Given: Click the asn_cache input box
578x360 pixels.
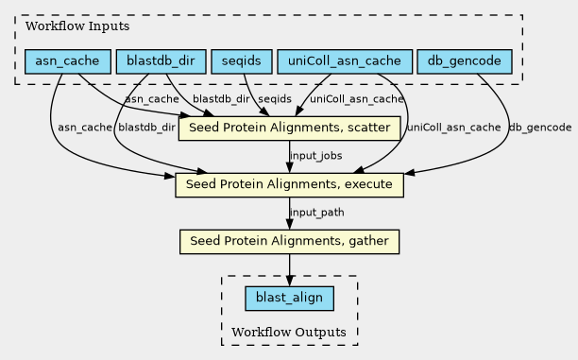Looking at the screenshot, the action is [x=68, y=61].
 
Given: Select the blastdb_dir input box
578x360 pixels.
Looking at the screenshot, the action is [x=161, y=61].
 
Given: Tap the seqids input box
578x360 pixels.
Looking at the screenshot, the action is [x=242, y=61].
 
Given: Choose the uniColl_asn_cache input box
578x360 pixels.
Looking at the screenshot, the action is [x=345, y=61].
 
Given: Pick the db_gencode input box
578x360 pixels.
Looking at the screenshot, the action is [x=465, y=61].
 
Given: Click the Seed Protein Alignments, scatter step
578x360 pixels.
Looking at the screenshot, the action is [x=289, y=129].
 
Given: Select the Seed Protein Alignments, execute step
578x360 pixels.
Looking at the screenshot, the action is [x=289, y=185].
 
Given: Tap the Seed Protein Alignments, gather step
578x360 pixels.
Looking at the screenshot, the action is [x=289, y=242].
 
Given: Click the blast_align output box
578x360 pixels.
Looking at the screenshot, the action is [x=289, y=299].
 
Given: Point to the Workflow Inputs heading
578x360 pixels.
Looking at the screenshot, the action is [x=77, y=26].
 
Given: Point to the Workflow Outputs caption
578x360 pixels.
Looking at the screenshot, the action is [x=289, y=333].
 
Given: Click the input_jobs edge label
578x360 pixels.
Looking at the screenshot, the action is [x=316, y=156].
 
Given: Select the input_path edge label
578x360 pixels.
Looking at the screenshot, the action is [x=317, y=213].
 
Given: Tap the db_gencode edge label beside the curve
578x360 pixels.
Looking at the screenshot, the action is [x=540, y=128].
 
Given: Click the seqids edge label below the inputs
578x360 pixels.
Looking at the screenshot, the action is [x=275, y=99].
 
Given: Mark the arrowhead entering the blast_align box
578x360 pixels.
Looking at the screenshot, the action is [x=289, y=281].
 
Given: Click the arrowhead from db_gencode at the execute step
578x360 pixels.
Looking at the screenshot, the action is [x=409, y=173].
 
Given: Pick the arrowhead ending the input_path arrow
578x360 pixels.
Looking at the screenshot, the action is [x=289, y=224].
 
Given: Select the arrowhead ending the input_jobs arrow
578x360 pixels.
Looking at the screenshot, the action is [x=289, y=168].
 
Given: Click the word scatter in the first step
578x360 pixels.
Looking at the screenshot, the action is [x=369, y=128].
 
